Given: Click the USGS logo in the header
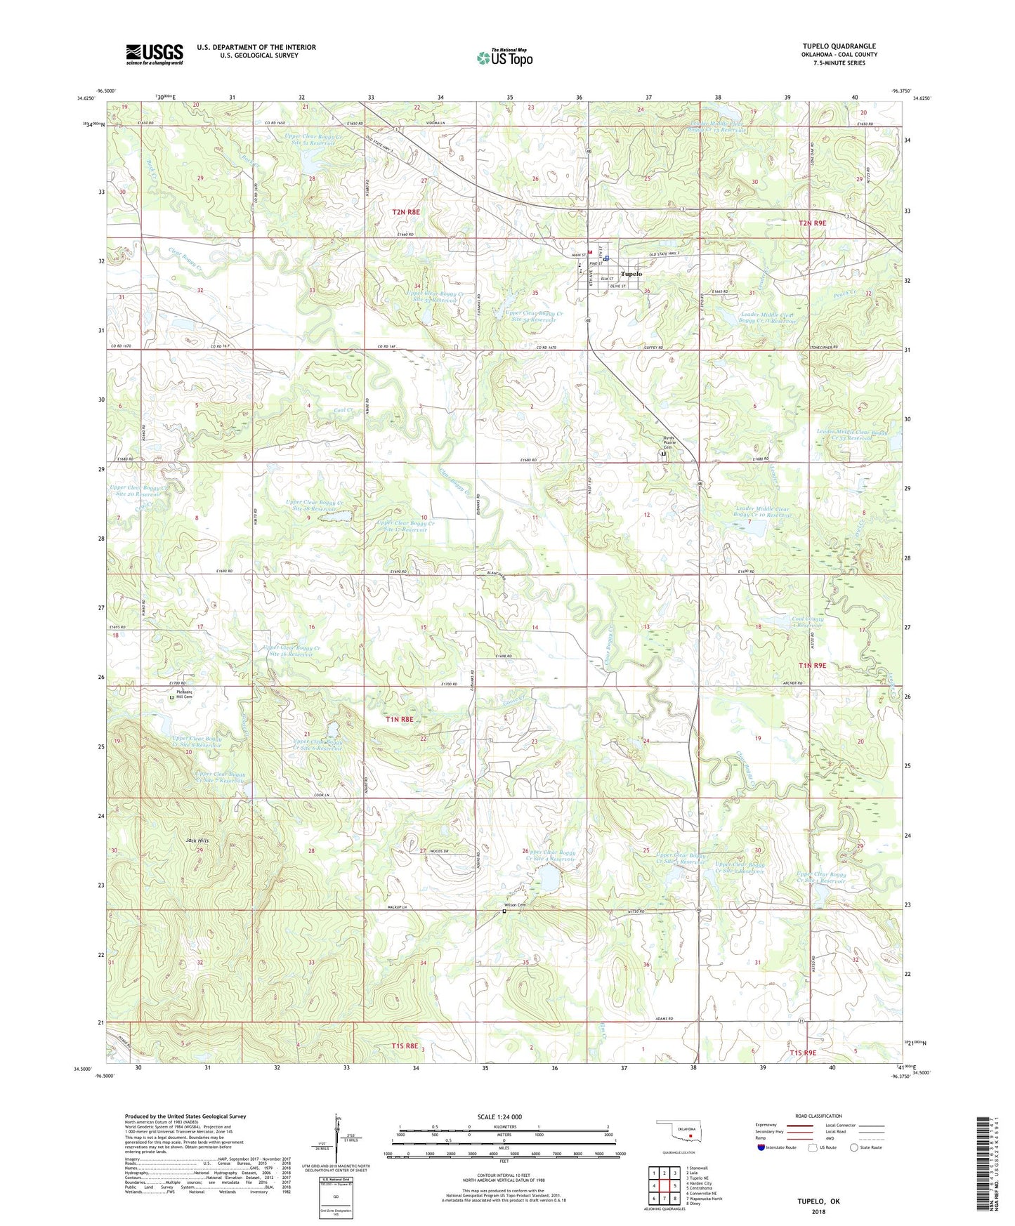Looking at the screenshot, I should (x=155, y=54).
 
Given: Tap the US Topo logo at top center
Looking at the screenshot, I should (x=504, y=57).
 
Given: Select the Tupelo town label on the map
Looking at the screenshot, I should (x=631, y=274).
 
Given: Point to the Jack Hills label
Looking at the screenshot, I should (x=197, y=841).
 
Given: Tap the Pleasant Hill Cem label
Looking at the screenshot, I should (x=184, y=694).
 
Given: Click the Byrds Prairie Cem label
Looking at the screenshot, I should (x=673, y=444).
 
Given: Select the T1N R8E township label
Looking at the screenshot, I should (x=399, y=720).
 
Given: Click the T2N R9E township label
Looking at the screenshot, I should (x=813, y=223).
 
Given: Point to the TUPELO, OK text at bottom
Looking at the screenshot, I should (x=818, y=1201).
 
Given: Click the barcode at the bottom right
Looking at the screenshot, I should (x=984, y=1166).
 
